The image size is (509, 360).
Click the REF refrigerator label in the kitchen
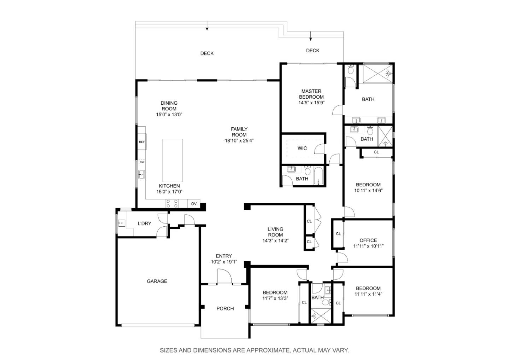141,142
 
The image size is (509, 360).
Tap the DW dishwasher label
142,162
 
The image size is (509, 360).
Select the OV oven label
194,204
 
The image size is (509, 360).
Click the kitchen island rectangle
173,161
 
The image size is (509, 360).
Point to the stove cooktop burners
172,203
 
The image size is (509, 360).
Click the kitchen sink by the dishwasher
141,175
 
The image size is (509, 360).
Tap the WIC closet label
302,148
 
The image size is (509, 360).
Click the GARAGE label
157,281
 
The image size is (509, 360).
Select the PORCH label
225,308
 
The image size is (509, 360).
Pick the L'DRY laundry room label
145,223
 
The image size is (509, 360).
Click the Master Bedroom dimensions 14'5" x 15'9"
311,103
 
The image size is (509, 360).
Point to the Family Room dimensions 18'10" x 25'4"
239,140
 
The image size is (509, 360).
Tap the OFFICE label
368,240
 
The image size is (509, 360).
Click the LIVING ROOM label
275,232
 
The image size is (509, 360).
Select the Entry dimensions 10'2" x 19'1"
224,262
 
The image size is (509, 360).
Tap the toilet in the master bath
351,70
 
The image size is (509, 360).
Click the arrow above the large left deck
207,26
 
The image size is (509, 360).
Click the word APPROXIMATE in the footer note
268,350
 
